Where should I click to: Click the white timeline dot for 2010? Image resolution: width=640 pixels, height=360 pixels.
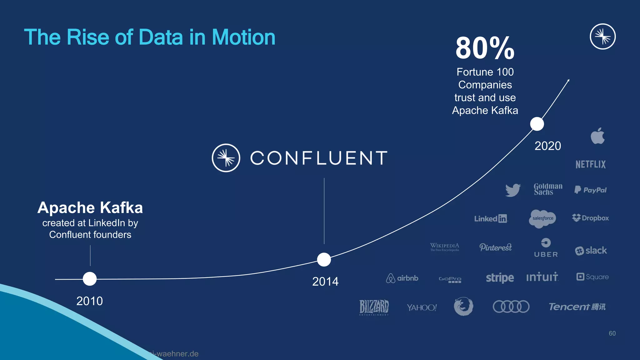pyautogui.click(x=90, y=279)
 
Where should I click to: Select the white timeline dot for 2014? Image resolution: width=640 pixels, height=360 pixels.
pyautogui.click(x=324, y=259)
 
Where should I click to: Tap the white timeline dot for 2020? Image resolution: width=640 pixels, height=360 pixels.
pyautogui.click(x=537, y=124)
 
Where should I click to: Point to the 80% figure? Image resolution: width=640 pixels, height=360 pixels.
pyautogui.click(x=485, y=48)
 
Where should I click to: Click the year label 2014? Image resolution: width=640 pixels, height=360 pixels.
pyautogui.click(x=325, y=282)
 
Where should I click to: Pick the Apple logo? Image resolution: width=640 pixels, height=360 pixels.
pyautogui.click(x=597, y=136)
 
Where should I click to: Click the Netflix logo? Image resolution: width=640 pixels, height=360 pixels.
pyautogui.click(x=590, y=164)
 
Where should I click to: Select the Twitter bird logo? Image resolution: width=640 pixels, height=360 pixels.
pyautogui.click(x=513, y=190)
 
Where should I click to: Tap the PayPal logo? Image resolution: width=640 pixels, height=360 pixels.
pyautogui.click(x=590, y=190)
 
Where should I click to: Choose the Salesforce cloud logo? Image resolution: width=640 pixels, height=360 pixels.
pyautogui.click(x=543, y=218)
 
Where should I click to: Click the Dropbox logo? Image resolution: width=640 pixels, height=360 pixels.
pyautogui.click(x=590, y=218)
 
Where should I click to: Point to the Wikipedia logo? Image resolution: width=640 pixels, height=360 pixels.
pyautogui.click(x=445, y=247)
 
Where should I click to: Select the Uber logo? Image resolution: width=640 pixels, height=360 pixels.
pyautogui.click(x=546, y=248)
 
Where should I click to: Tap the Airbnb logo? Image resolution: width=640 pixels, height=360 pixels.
pyautogui.click(x=402, y=278)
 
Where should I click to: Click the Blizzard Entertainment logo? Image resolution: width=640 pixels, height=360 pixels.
pyautogui.click(x=374, y=307)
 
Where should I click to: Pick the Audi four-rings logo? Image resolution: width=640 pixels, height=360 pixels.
pyautogui.click(x=511, y=307)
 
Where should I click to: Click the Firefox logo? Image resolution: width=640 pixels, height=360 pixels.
pyautogui.click(x=463, y=306)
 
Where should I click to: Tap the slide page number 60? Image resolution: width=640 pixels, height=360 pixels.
pyautogui.click(x=612, y=333)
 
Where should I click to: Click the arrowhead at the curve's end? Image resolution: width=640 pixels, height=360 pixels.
pyautogui.click(x=568, y=81)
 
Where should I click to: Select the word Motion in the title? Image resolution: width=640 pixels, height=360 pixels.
pyautogui.click(x=243, y=37)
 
